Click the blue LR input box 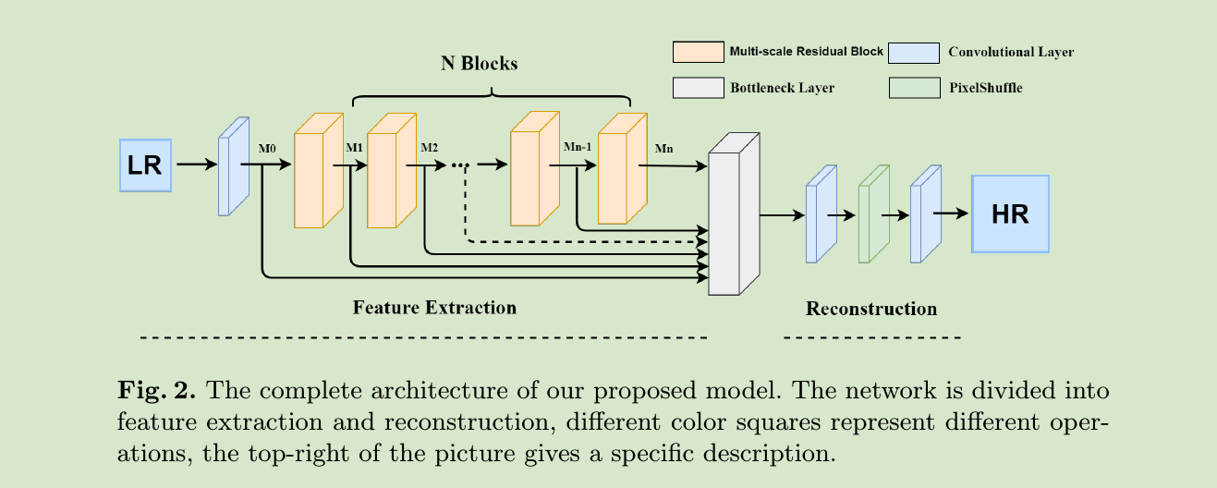(x=145, y=165)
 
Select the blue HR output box (x=1009, y=213)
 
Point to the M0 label (x=267, y=148)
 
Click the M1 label (x=354, y=148)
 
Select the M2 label (x=430, y=148)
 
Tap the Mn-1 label (x=578, y=148)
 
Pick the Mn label (x=664, y=148)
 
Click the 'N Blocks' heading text (x=478, y=64)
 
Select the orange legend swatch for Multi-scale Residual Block (x=697, y=52)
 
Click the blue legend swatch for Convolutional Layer (x=913, y=52)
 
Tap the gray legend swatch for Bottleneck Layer (x=697, y=88)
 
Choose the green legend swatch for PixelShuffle (x=913, y=88)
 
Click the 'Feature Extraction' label (x=434, y=307)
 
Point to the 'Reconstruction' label (x=870, y=309)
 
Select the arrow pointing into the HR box (x=951, y=213)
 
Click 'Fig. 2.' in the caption (x=156, y=390)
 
